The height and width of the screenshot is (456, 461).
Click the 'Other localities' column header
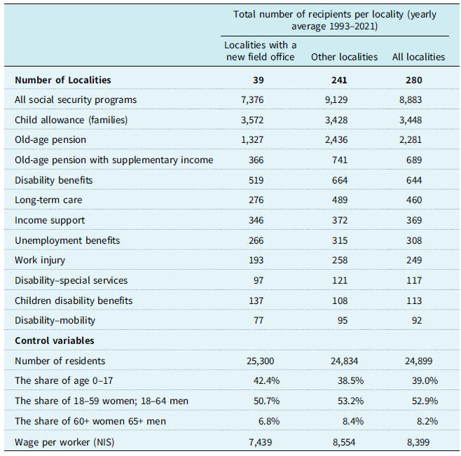[344, 57]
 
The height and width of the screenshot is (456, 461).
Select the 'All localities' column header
[418, 57]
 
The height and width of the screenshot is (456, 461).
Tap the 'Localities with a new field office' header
[260, 51]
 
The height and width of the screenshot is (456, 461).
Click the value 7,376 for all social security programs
[252, 99]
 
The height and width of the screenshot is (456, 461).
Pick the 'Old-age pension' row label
[50, 139]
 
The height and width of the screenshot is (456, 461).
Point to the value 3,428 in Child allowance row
[336, 120]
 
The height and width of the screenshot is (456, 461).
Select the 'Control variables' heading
[55, 340]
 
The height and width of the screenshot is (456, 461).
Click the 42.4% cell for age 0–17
[266, 381]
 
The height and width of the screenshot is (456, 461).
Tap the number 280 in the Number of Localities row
[413, 80]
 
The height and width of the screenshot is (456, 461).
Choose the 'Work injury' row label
[40, 260]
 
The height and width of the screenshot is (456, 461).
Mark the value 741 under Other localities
[340, 160]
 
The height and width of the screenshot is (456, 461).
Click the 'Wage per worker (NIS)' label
[64, 442]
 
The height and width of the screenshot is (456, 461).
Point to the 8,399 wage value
[418, 442]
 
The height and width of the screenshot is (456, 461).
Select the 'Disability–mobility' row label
[55, 320]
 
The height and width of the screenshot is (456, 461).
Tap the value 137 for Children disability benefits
[256, 300]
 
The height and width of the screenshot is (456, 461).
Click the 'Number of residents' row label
[60, 361]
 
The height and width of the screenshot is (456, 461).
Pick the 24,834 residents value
[344, 361]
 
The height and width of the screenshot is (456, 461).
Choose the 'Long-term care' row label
[48, 200]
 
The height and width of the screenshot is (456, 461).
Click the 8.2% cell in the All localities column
[427, 421]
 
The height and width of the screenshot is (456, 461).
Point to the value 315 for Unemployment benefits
[340, 240]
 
